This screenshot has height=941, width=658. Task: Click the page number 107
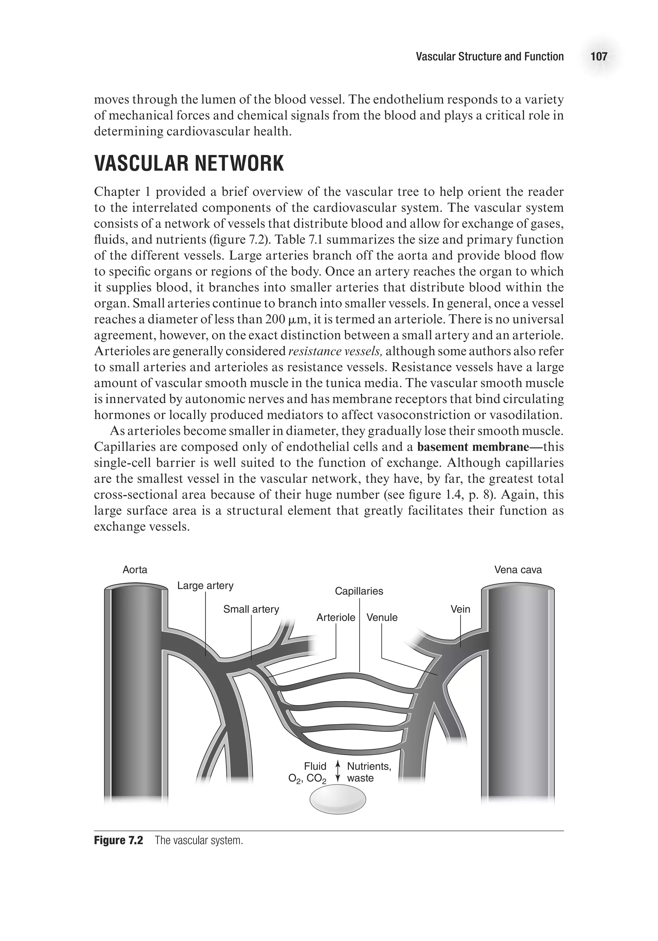[599, 56]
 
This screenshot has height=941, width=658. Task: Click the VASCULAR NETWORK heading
[189, 163]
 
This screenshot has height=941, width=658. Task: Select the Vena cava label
[518, 569]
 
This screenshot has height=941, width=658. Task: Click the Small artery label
[251, 609]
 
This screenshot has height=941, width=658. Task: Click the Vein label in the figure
[460, 609]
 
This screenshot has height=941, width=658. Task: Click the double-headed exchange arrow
[338, 772]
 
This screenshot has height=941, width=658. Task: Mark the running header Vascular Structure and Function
[489, 56]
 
